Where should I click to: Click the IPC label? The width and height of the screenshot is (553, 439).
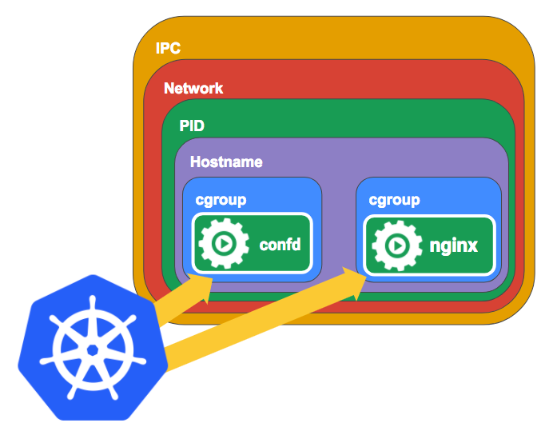pos(168,49)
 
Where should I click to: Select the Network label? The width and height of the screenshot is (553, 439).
pos(193,88)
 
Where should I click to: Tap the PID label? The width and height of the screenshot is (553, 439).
pos(192,126)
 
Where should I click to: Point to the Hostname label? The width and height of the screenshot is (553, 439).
pos(226,162)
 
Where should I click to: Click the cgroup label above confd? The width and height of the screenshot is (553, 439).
pos(221,199)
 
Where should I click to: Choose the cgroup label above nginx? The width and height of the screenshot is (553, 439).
pos(394,199)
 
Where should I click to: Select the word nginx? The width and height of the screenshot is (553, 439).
pos(453,245)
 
